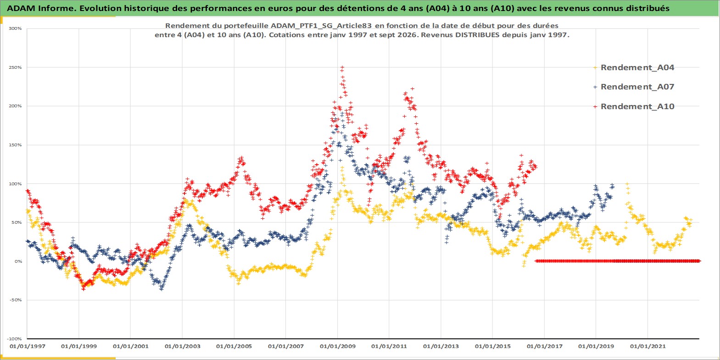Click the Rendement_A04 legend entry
point(634,67)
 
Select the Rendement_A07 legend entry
point(634,87)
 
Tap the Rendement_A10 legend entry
point(634,106)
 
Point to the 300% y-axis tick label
point(15,28)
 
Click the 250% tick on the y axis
point(15,67)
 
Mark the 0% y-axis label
point(18,261)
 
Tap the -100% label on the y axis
point(14,339)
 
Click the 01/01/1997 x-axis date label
point(28,346)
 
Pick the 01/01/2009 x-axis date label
point(337,346)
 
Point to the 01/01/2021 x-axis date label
point(647,346)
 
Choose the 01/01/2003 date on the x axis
point(183,346)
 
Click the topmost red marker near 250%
point(342,67)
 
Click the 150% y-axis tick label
point(15,145)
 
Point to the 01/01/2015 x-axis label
point(493,346)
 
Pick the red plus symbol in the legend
point(595,106)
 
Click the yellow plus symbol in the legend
point(595,68)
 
